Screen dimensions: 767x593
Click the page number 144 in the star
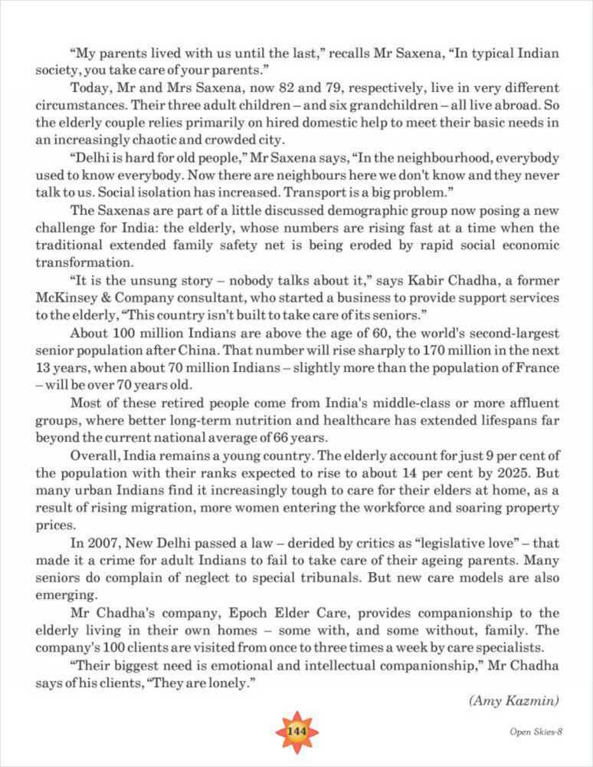point(296,731)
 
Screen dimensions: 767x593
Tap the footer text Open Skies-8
point(536,731)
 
